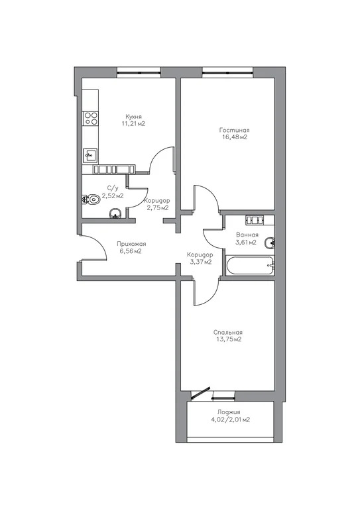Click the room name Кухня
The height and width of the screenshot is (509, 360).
(133, 116)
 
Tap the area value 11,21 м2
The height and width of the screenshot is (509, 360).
(133, 124)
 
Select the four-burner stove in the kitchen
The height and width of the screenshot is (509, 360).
(91, 119)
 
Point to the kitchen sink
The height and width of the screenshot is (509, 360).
(90, 156)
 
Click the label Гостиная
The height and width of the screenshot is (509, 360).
(234, 130)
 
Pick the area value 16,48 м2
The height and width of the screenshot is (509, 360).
(234, 138)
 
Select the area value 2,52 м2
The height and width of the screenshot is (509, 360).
(112, 196)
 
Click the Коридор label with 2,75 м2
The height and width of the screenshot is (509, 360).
(157, 200)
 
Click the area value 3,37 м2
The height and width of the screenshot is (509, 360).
(200, 262)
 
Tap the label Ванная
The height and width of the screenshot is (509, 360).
(247, 235)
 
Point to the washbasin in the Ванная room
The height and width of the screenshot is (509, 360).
(269, 243)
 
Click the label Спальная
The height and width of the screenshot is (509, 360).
(227, 332)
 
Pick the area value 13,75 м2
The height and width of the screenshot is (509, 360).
(227, 339)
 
